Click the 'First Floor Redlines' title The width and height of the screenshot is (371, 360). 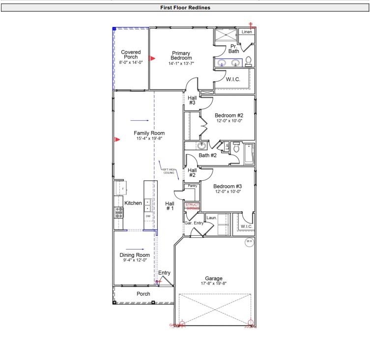coord(185,8)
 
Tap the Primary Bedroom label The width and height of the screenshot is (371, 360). coord(181,55)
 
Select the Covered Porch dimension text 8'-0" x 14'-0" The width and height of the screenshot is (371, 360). coord(131,63)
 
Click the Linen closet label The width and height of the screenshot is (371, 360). coord(247,32)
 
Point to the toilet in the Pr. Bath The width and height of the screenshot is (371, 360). coord(249,61)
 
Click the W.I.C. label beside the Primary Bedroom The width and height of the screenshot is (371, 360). coord(233,79)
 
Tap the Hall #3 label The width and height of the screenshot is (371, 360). coord(192,100)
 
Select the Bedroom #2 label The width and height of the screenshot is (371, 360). coord(229,115)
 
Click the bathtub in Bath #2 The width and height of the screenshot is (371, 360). coord(249,153)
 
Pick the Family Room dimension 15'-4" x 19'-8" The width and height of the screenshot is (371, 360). coord(149,139)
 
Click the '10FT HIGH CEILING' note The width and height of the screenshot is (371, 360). coord(169,171)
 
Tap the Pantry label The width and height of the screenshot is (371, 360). coord(193,186)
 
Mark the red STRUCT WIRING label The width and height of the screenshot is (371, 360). coord(192,206)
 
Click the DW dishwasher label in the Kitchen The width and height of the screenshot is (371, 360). coord(147,216)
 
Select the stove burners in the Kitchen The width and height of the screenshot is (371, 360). coord(119,212)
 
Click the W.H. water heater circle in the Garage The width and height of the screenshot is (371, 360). coord(249,242)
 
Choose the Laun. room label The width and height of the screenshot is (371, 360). coord(212,218)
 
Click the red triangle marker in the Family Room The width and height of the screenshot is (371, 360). coord(117,140)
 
